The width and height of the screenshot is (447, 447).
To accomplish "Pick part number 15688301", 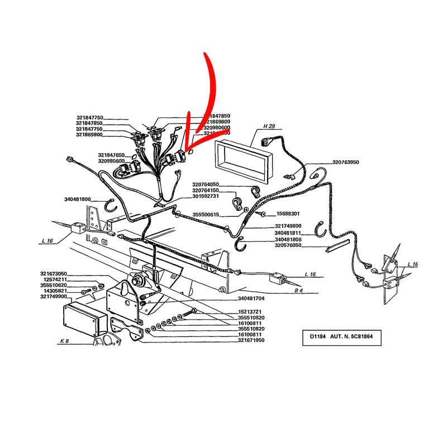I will [x=288, y=214].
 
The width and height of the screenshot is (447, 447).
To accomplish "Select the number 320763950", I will [x=346, y=163].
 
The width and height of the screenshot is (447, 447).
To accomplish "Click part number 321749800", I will [x=288, y=226].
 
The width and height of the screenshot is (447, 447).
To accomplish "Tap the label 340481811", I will [x=288, y=233].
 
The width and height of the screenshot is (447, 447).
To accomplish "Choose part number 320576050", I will [x=288, y=245].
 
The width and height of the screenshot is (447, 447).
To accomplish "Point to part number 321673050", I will [x=54, y=273].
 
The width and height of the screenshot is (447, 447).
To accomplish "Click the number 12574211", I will [x=56, y=279].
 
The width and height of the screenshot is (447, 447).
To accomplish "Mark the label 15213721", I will [x=249, y=312].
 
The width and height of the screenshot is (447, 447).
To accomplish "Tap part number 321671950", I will [x=249, y=340].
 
